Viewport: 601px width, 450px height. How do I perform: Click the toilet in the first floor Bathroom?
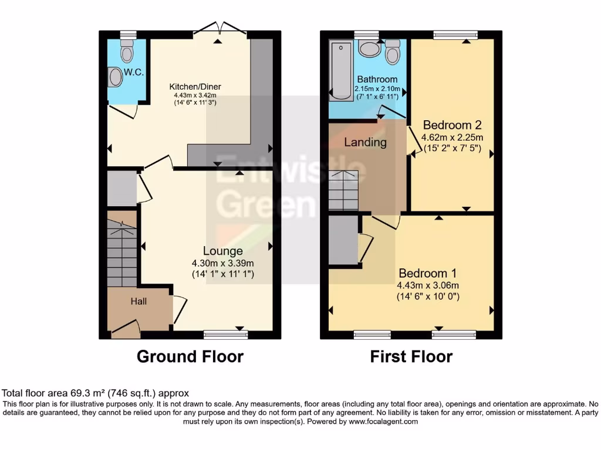point(393,52)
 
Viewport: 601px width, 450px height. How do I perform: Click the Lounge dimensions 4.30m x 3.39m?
point(222,263)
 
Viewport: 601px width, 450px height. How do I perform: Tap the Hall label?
point(139,302)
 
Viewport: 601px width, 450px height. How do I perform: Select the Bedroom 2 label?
point(452,125)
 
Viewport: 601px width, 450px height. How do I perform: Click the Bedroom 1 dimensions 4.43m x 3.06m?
point(428,285)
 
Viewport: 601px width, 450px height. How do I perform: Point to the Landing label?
point(365,142)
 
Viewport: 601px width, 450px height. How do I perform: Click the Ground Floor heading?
point(190,356)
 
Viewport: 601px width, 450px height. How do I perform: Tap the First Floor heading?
point(411,356)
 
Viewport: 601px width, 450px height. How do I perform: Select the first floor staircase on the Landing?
point(343,190)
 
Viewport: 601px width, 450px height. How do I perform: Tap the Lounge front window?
point(226,335)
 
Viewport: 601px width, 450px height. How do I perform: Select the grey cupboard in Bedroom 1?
point(343,239)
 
